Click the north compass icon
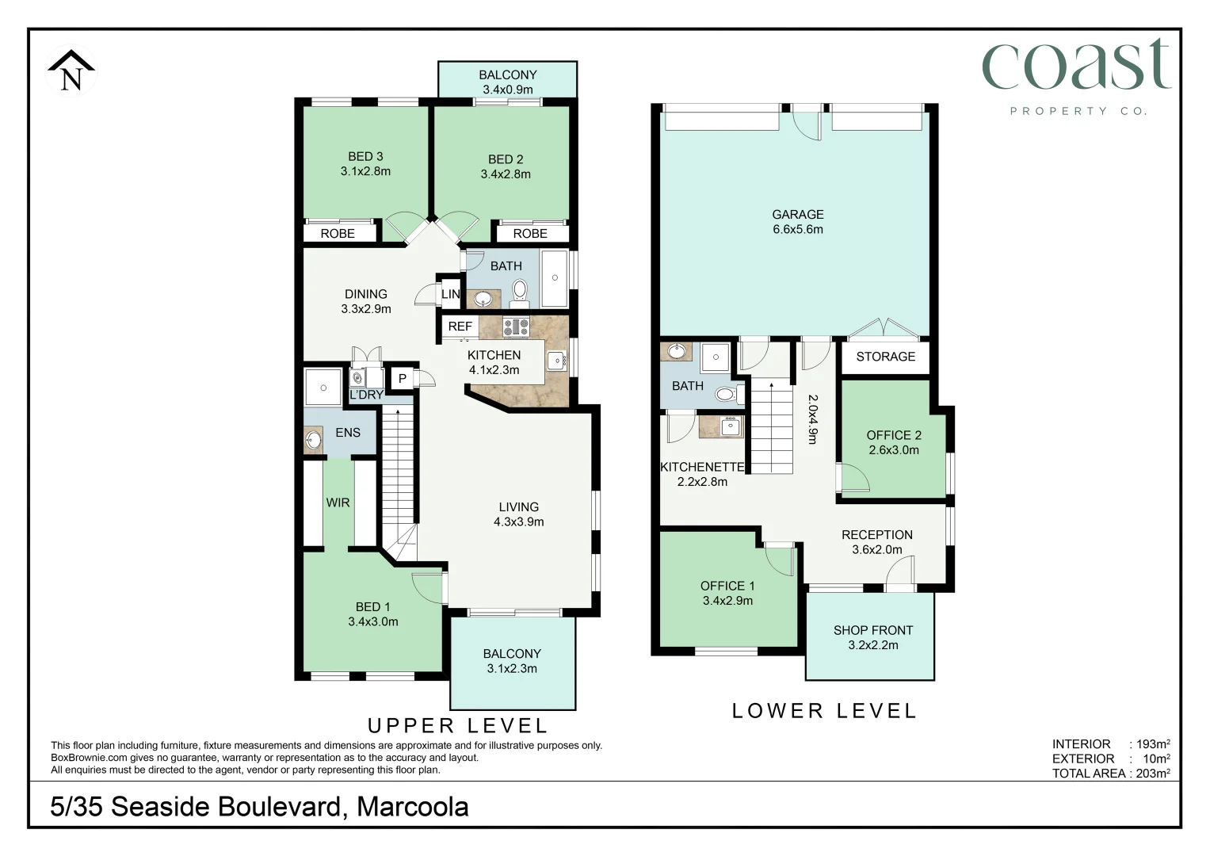point(71,71)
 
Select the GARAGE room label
point(798,215)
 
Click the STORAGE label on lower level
point(885,357)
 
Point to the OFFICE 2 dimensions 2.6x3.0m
point(894,450)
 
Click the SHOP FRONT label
point(872,630)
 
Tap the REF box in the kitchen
point(460,327)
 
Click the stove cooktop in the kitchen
point(516,326)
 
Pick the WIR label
point(338,503)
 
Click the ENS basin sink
point(314,438)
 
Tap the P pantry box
point(403,379)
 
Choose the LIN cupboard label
point(450,294)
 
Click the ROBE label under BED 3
point(338,234)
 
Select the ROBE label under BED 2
point(530,234)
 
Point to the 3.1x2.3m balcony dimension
point(512,669)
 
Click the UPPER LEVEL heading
point(458,725)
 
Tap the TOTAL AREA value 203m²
point(1152,774)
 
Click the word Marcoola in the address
point(412,807)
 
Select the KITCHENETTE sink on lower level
point(730,426)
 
